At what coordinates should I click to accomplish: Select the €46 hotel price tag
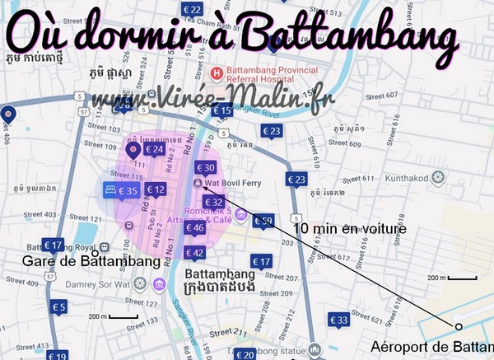click(194, 228)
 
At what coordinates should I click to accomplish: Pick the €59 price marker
click(263, 221)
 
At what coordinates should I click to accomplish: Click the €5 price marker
click(58, 307)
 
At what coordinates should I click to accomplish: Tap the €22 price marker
click(193, 10)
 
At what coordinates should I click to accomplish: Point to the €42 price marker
click(195, 252)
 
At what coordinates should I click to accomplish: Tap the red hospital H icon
click(217, 72)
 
